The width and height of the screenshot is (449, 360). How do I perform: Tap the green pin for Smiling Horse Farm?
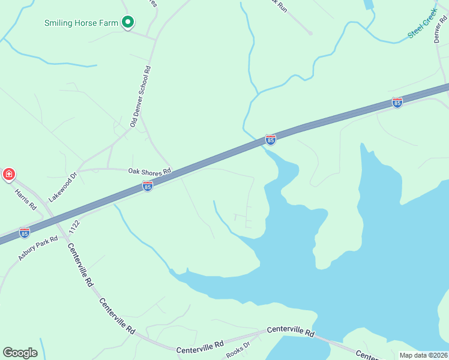127,22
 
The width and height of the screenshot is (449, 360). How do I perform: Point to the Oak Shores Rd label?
150,171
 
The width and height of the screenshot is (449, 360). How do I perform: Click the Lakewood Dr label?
64,187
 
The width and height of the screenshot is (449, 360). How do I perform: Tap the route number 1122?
74,227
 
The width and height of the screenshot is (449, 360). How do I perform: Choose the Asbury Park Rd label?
38,247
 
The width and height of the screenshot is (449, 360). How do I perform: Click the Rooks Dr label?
238,350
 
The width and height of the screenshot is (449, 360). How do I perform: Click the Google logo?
20,353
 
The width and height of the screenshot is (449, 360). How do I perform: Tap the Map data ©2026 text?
424,355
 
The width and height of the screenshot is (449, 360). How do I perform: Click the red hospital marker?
8,175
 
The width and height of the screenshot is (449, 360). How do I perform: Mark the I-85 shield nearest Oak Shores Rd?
148,187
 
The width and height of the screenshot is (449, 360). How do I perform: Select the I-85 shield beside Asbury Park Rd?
24,232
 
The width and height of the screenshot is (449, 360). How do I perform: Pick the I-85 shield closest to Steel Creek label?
397,103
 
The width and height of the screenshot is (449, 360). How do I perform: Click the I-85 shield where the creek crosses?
271,140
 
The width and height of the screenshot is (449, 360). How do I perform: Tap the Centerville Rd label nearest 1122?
80,264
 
